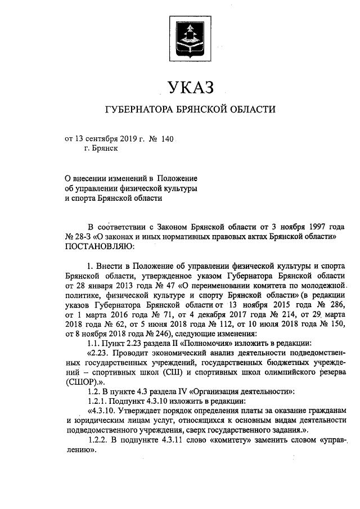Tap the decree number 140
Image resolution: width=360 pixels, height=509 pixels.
(168, 139)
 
